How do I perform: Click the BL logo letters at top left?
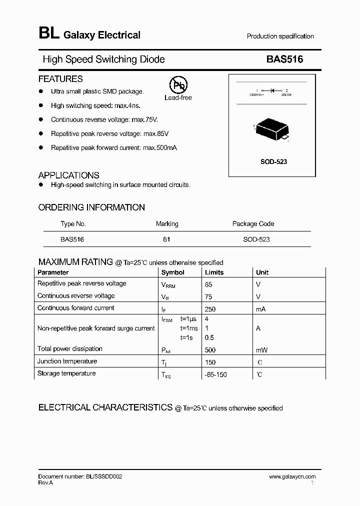click(48, 34)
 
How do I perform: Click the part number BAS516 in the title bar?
click(284, 59)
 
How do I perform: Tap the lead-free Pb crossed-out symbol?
click(178, 86)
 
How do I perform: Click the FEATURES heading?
click(60, 79)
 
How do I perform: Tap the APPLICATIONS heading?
click(68, 175)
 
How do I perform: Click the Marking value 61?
click(166, 239)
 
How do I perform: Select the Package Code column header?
click(253, 223)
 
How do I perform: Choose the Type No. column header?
click(73, 223)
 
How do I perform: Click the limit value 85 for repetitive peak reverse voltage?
click(208, 284)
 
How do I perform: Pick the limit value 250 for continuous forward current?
click(210, 309)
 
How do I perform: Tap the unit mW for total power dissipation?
click(262, 350)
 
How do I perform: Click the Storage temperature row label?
click(66, 373)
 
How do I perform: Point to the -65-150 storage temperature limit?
click(215, 374)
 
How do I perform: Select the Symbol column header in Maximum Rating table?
click(172, 272)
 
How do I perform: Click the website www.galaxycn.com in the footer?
click(292, 476)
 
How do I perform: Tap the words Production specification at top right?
click(280, 36)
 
